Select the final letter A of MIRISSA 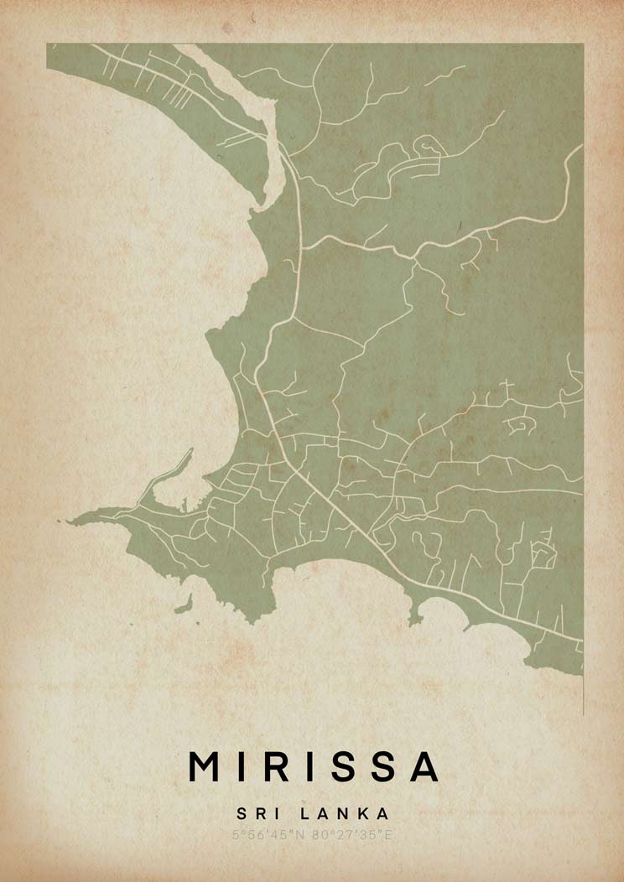(x=424, y=765)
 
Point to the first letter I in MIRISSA (x=244, y=765)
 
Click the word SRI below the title (x=255, y=813)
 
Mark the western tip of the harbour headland (x=71, y=521)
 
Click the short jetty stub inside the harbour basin (x=180, y=504)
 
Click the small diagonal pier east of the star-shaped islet (x=468, y=625)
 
